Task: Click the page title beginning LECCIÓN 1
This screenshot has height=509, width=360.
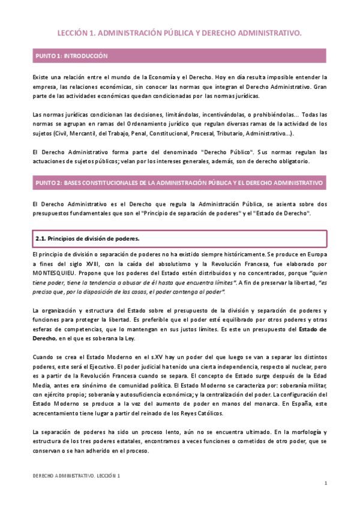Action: pyautogui.click(x=179, y=34)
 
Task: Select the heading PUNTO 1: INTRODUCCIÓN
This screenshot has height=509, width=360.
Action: pyautogui.click(x=71, y=56)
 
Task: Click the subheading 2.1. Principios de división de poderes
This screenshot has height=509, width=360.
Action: pyautogui.click(x=87, y=222)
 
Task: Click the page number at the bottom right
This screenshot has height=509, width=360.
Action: pyautogui.click(x=325, y=484)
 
